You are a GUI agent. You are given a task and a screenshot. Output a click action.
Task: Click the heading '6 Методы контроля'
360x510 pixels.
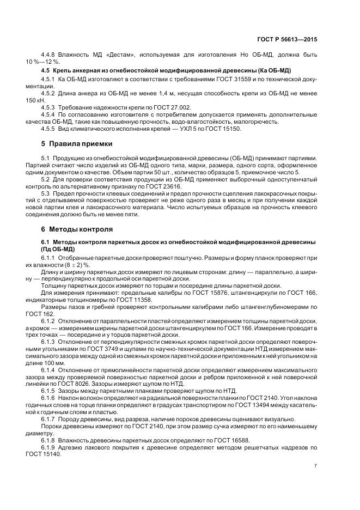pos(77,229)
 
